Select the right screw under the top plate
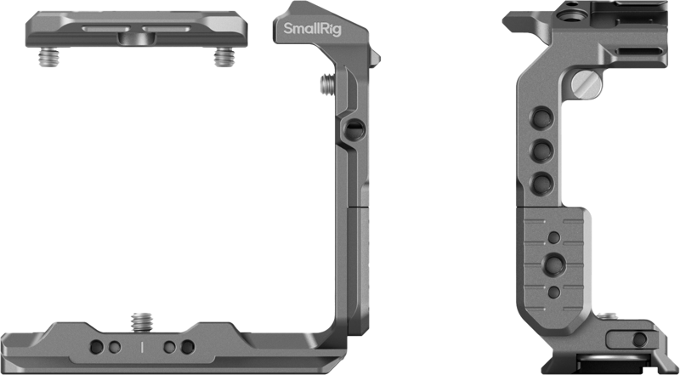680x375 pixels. pyautogui.click(x=223, y=58)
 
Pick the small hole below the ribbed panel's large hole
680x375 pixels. pyautogui.click(x=554, y=292)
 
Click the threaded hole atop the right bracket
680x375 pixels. pyautogui.click(x=568, y=14)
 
